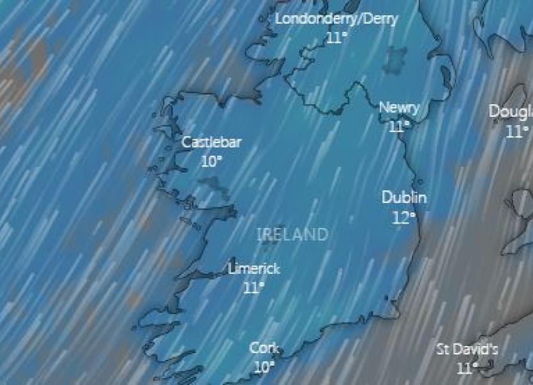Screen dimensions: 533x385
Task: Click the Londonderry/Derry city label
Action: click(x=336, y=19)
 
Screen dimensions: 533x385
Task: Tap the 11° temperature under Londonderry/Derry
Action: click(x=337, y=37)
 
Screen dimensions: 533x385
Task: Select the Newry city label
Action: click(x=400, y=107)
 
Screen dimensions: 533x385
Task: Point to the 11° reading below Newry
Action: click(x=398, y=126)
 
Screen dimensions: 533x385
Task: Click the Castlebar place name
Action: click(x=211, y=142)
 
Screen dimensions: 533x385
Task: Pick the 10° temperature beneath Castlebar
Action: click(x=211, y=162)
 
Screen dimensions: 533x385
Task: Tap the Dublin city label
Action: click(x=404, y=197)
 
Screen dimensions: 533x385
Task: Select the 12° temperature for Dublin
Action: click(x=403, y=218)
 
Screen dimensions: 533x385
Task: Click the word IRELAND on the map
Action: click(x=292, y=234)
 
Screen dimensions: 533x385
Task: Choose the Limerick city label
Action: click(x=254, y=269)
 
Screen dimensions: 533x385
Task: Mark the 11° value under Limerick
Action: click(x=253, y=288)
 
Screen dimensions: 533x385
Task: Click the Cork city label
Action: click(x=264, y=349)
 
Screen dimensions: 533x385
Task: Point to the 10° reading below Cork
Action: click(x=264, y=368)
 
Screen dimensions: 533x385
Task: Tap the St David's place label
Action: click(x=467, y=350)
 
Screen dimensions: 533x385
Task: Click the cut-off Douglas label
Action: click(x=511, y=112)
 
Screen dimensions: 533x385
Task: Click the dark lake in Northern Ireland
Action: click(x=395, y=59)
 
